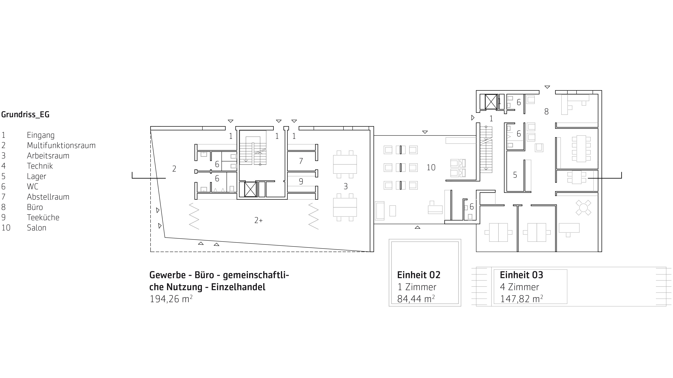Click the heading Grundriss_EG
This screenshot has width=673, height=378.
(25, 114)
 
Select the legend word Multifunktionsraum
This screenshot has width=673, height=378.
(61, 145)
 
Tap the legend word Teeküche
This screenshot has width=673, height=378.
(43, 217)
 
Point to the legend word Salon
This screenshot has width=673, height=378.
(37, 228)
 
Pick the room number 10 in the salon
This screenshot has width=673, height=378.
(431, 167)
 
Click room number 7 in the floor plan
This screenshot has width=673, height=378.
(301, 161)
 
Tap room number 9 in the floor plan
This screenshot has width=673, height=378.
(301, 181)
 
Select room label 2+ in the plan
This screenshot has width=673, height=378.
(259, 220)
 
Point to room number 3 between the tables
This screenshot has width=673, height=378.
(346, 186)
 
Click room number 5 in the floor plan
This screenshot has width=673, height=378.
(515, 175)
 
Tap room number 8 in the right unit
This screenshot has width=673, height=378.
(546, 112)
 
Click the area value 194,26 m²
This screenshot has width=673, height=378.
(171, 299)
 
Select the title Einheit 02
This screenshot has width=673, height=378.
(419, 275)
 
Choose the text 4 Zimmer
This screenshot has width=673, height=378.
(519, 287)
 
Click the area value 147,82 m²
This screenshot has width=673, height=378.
(521, 299)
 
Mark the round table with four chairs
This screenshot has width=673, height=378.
(583, 208)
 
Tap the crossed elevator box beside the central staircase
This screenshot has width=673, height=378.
(250, 189)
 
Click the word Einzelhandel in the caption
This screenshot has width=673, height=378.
(238, 287)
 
